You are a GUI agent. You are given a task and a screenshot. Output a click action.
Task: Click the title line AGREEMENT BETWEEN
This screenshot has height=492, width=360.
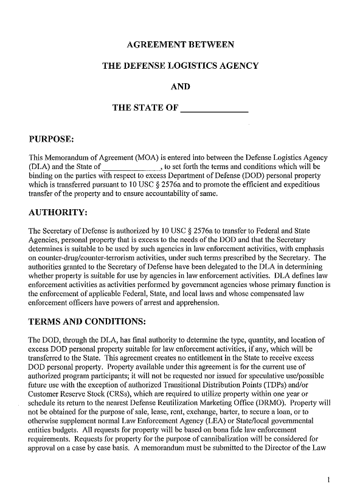[x=180, y=44]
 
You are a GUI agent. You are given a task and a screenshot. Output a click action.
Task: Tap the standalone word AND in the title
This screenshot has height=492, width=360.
[x=180, y=86]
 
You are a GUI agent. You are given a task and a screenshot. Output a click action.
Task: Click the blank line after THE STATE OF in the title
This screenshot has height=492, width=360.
[x=215, y=109]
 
